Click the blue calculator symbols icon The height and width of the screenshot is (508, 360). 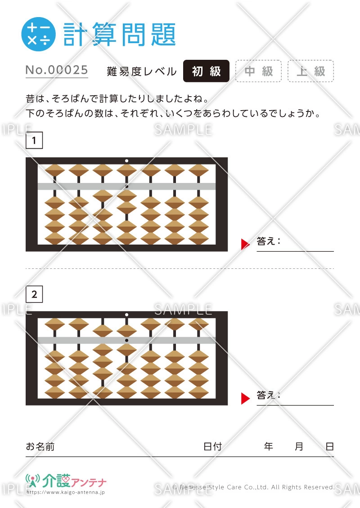point(38,34)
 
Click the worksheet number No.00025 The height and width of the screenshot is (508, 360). point(57,70)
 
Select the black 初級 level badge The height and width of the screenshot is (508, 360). point(206,71)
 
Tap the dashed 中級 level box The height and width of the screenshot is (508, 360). point(258,71)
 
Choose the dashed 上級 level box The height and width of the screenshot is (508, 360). point(310,71)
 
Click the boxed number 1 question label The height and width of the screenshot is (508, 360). point(34,140)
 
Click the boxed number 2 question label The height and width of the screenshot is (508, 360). point(34,294)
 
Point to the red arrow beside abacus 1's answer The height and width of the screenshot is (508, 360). point(245,244)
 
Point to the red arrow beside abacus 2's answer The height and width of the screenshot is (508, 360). point(245,398)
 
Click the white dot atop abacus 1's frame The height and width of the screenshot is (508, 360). point(126,160)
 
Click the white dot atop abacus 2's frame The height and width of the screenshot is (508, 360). point(126,315)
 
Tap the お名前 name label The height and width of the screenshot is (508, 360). point(40,446)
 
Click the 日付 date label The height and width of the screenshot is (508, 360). point(212,446)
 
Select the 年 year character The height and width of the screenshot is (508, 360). point(268,446)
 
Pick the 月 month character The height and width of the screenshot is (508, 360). point(299,446)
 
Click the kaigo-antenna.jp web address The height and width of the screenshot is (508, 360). point(66,492)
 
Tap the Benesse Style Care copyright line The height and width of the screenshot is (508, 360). point(253,487)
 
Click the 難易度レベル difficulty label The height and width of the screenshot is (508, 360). point(142,71)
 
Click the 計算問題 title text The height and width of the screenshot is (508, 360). point(119,34)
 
